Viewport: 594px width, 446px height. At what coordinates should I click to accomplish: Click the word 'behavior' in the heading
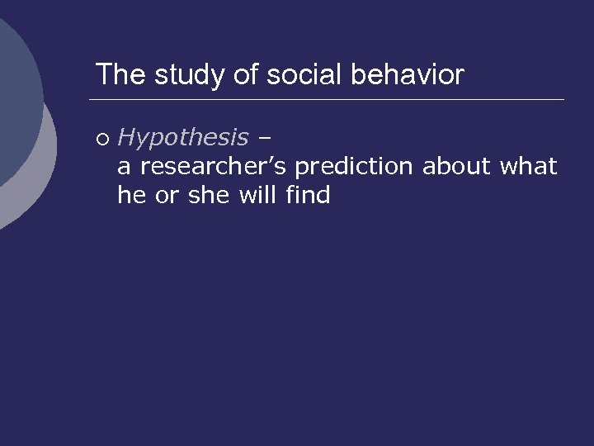[408, 75]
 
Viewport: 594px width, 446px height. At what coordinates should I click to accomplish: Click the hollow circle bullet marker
[101, 137]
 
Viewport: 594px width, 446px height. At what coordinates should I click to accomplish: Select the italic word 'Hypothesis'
[183, 138]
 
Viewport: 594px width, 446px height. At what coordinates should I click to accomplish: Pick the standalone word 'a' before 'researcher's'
[125, 167]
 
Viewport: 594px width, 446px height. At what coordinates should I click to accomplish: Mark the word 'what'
[529, 167]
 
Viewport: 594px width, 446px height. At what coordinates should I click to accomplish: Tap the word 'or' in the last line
[167, 196]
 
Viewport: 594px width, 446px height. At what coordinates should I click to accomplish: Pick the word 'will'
[260, 196]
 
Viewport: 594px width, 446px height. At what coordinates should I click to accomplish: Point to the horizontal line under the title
[330, 100]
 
